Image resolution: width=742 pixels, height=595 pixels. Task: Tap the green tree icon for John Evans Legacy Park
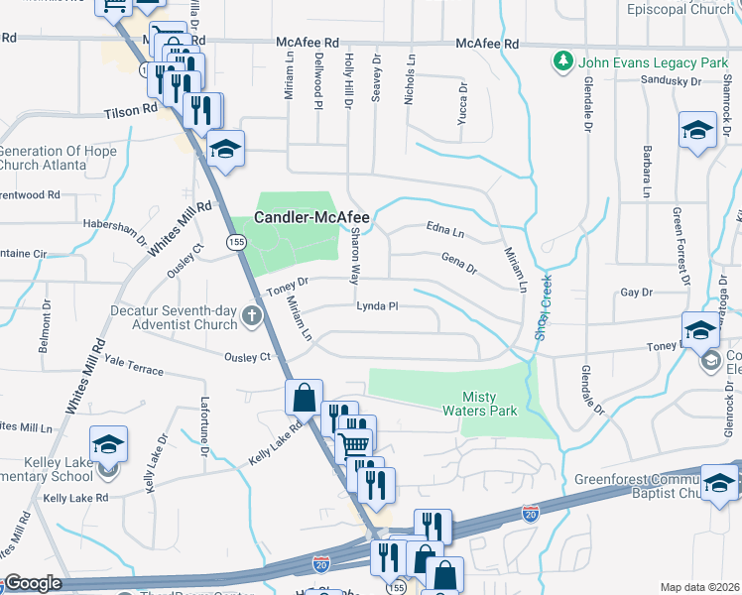(x=563, y=61)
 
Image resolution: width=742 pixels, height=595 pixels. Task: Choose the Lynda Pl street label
(x=377, y=306)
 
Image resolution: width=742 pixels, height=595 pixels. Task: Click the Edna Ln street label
(x=444, y=231)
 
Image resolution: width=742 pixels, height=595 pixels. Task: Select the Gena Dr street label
(x=458, y=263)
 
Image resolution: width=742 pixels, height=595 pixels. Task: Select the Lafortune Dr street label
(x=205, y=426)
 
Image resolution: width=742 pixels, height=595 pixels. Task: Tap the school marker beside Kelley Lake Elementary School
(x=108, y=445)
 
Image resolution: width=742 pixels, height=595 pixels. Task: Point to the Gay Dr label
(x=636, y=293)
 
